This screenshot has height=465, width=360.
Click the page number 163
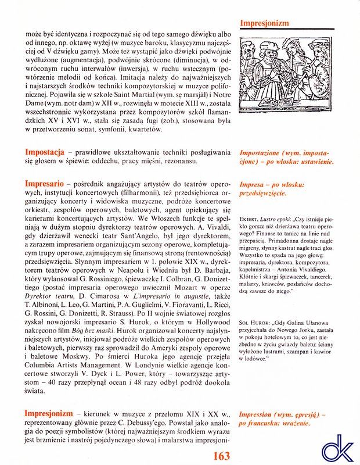(x=222, y=455)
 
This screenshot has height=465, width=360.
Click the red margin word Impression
(x=255, y=414)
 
